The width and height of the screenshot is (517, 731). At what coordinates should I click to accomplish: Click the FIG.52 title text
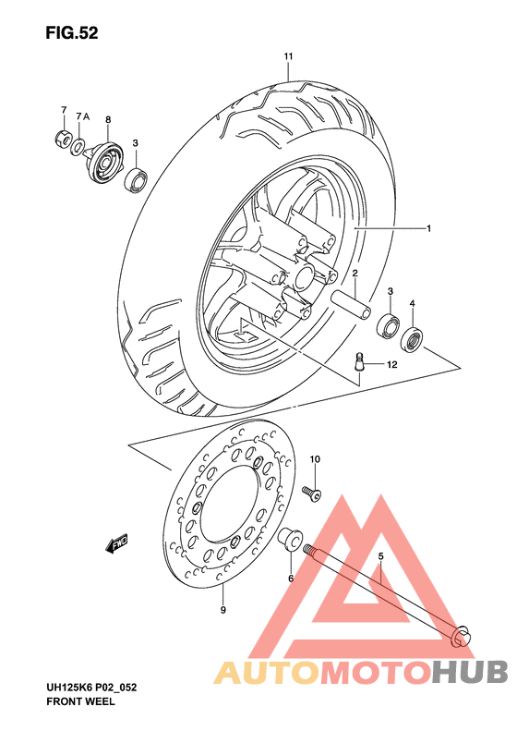coord(71,33)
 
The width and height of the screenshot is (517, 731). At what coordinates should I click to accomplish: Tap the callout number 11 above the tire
coord(288,57)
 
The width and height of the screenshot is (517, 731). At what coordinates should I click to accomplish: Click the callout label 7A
coord(82,116)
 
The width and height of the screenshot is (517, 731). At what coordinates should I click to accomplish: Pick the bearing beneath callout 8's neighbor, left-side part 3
coord(137,180)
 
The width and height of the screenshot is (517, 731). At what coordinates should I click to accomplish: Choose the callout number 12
coord(391,366)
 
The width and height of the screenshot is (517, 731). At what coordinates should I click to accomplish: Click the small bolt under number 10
coord(315,493)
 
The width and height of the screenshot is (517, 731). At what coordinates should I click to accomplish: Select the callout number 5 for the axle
coord(379,555)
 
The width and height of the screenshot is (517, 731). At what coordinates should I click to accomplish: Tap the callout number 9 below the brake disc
coord(222,610)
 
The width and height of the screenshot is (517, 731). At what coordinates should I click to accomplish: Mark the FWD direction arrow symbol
coord(118,545)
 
